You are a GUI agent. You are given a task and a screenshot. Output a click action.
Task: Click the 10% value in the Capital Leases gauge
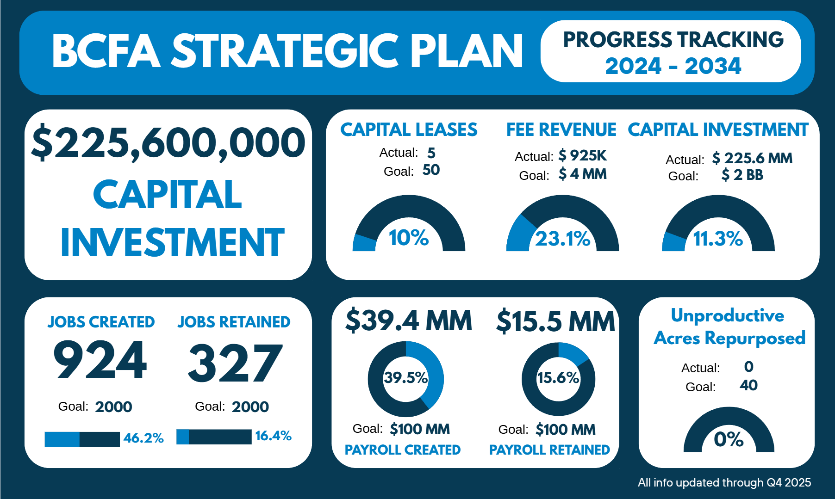[409, 238]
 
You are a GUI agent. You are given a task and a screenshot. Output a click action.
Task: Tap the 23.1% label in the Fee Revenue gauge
[563, 239]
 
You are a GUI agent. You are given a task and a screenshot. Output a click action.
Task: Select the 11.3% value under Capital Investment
[718, 239]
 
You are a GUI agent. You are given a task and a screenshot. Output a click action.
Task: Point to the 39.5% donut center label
[406, 377]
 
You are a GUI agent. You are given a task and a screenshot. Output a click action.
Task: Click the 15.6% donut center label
[558, 377]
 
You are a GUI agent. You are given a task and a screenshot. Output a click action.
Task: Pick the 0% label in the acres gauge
[729, 439]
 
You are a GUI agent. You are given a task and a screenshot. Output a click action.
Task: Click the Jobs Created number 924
[100, 359]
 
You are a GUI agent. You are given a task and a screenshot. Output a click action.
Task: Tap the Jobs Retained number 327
[235, 363]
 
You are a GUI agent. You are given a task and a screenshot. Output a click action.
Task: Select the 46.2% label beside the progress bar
[143, 438]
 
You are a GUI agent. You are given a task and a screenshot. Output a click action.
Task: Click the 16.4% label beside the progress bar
[273, 436]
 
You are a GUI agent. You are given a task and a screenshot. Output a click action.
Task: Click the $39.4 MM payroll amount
[409, 320]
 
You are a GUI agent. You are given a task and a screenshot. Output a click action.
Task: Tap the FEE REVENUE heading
[561, 129]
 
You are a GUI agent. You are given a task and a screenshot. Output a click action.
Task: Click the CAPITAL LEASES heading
[409, 129]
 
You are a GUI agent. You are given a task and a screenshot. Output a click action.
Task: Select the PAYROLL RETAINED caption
[549, 450]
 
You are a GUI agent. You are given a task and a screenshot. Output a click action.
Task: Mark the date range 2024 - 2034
[673, 66]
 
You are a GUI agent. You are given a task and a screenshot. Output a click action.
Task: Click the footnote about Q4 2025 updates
[724, 482]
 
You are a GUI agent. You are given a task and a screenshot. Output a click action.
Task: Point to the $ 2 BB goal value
[742, 175]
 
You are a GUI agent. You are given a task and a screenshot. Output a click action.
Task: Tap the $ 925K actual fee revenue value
[582, 155]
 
